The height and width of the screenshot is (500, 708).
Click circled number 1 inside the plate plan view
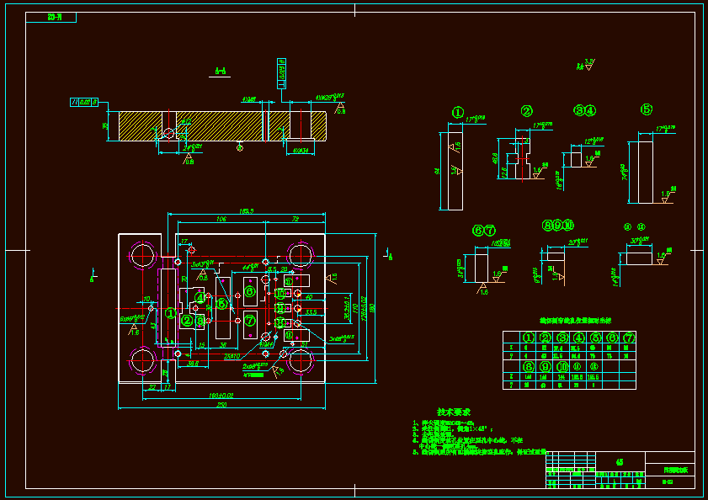click(170, 313)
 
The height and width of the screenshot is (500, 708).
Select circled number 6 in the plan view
click(250, 291)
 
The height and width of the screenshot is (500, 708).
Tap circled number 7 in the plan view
click(250, 321)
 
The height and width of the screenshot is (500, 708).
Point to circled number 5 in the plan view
click(221, 304)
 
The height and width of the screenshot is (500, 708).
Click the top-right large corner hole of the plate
click(301, 254)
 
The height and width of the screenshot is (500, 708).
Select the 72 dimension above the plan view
click(295, 219)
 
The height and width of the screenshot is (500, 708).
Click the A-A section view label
click(220, 72)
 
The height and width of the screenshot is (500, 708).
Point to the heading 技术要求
click(453, 412)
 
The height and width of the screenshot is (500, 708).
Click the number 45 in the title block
click(620, 461)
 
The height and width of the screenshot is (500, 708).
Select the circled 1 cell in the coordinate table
click(529, 338)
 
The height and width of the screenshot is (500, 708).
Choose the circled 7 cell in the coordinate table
click(628, 338)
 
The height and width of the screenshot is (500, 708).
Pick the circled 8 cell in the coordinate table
click(529, 366)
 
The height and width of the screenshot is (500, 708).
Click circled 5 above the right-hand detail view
click(647, 109)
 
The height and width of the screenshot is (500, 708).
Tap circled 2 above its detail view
click(526, 111)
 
